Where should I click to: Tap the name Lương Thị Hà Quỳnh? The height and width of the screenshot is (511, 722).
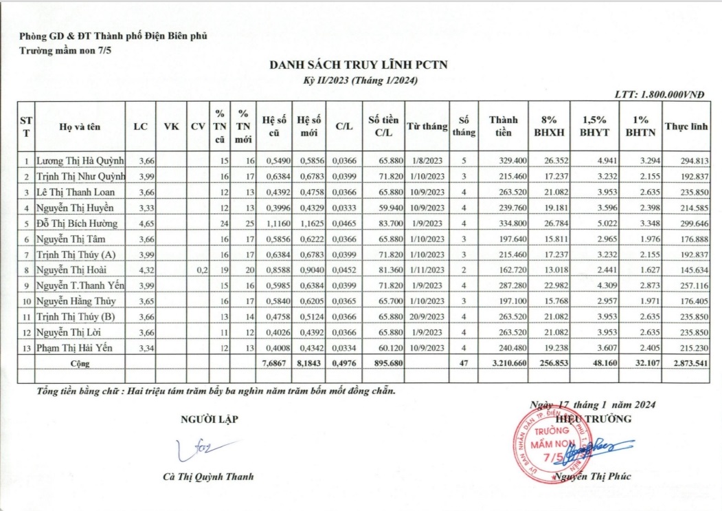80,162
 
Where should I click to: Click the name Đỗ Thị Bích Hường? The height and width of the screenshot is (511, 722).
77,224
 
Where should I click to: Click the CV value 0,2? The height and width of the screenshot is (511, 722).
201,270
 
